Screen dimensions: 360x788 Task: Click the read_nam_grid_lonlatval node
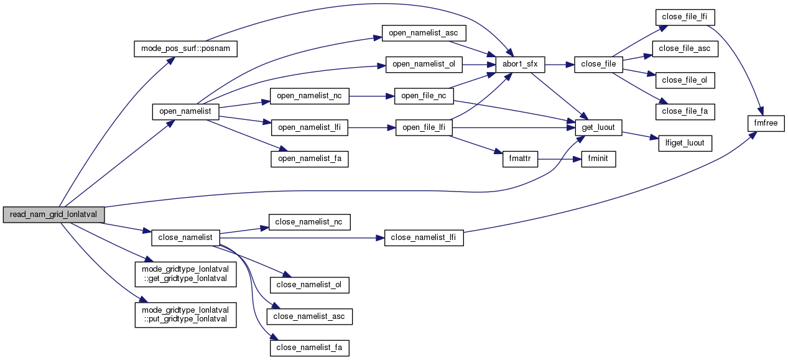pos(53,215)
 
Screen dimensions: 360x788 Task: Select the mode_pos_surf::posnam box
pos(186,49)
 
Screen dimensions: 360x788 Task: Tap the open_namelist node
pos(185,111)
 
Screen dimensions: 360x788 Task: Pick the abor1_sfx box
pos(519,64)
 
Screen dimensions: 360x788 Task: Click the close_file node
pos(598,64)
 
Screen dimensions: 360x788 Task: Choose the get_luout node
pos(598,127)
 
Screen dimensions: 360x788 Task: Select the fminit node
pos(598,159)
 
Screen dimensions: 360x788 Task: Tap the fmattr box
pos(519,159)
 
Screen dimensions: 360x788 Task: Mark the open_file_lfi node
pos(424,127)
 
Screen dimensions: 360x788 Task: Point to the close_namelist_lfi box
pos(424,238)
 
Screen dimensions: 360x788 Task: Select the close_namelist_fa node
pos(309,348)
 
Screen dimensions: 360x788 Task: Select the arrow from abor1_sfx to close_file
pos(560,64)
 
